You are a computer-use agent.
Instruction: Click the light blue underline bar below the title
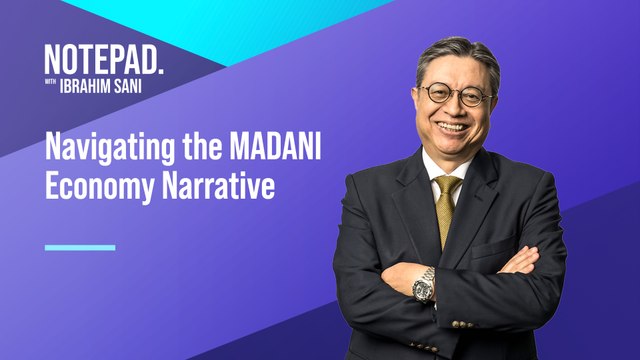[x=80, y=246]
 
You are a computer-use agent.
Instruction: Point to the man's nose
[x=456, y=108]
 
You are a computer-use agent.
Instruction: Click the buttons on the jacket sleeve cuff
[x=461, y=323]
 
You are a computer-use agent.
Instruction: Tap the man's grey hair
[x=455, y=51]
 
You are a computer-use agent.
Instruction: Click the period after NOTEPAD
[x=160, y=68]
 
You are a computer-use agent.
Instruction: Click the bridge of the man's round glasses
[x=457, y=93]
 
